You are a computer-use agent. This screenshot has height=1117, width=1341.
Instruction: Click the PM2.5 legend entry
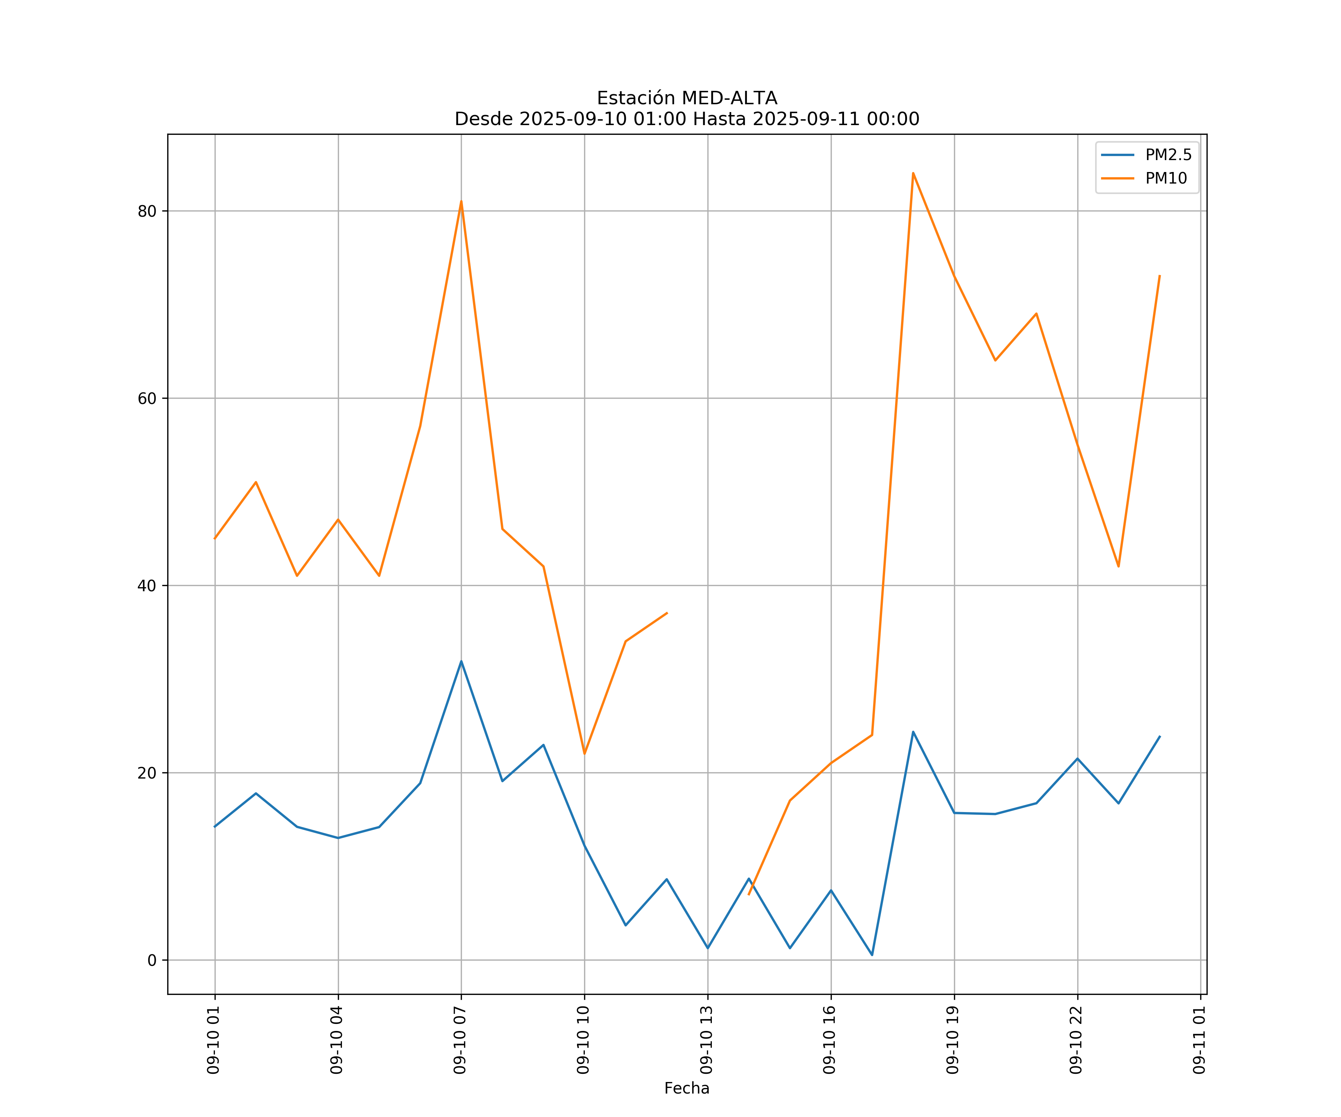[1168, 155]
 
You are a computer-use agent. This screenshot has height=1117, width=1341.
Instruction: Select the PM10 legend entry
[1166, 179]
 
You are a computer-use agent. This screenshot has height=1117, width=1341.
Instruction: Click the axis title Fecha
[687, 1088]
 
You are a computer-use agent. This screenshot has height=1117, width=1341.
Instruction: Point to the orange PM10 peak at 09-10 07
[461, 202]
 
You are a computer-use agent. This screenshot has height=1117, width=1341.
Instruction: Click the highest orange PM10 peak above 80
[913, 173]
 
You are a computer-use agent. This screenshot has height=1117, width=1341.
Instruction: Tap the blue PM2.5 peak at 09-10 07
[461, 661]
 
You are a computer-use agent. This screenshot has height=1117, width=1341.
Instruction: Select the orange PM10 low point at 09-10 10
[584, 754]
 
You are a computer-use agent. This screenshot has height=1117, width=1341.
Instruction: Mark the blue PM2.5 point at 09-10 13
[707, 948]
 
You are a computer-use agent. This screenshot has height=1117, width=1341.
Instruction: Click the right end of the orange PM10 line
[1160, 276]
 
